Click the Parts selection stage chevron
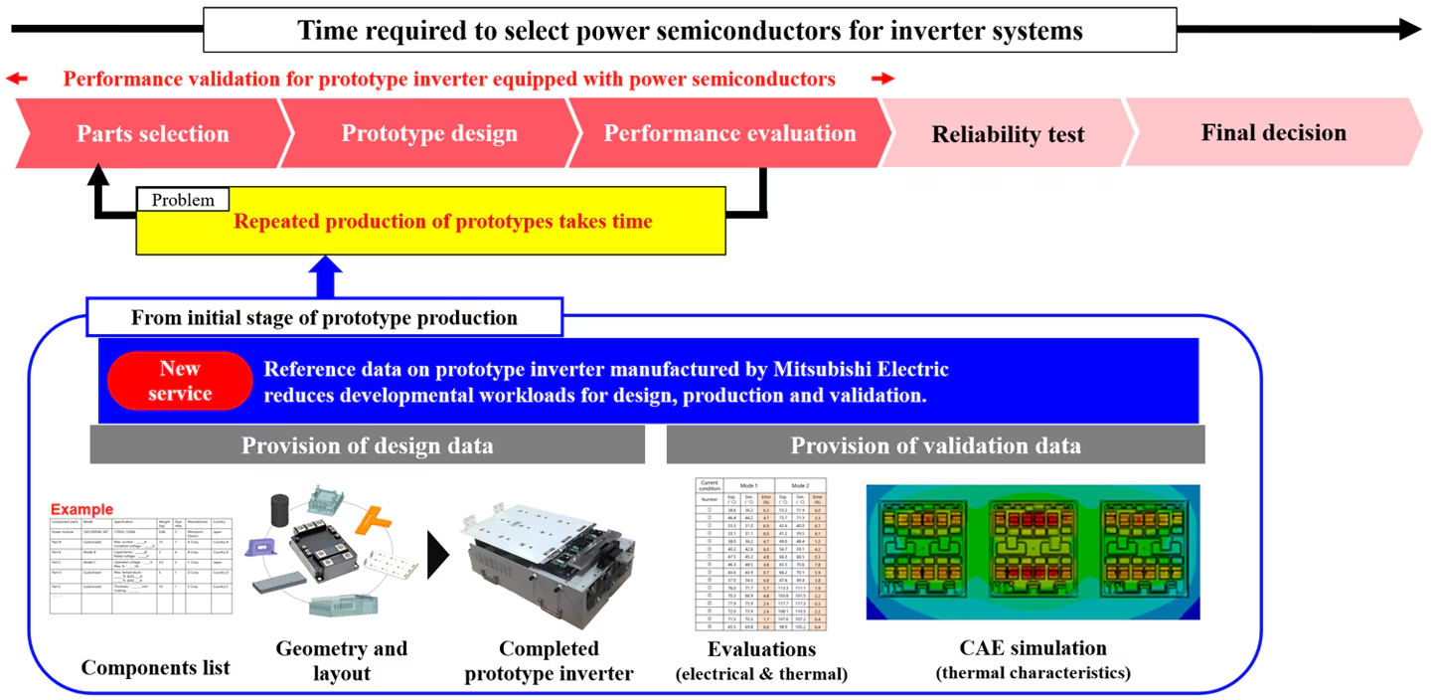coord(153,134)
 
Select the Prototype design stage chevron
coord(429,134)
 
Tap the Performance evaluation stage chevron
coord(729,134)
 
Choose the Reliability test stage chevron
coord(1008,134)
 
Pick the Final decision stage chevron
coord(1273,133)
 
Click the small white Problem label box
coord(183,200)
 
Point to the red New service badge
coord(180,381)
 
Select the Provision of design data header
coord(367,445)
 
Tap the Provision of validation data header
coord(935,445)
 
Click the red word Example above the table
coord(81,510)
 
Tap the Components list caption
coord(155,667)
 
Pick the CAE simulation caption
coord(1033,649)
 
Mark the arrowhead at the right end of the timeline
coord(1410,30)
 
